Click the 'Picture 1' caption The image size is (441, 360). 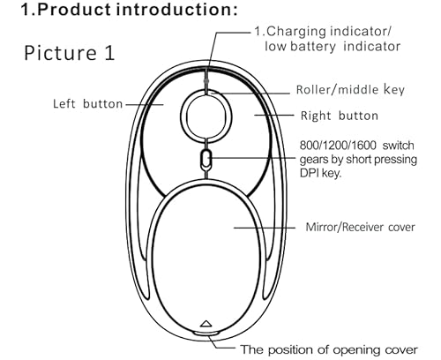coord(69,53)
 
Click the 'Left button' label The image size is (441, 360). coord(87,104)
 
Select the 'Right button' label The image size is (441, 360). coord(340,116)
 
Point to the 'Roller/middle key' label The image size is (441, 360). coord(350,90)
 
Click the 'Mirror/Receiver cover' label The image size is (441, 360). coord(360,227)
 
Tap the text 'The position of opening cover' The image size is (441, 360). coord(329,349)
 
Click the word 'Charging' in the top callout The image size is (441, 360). coord(296,32)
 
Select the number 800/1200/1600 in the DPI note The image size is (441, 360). coord(338,146)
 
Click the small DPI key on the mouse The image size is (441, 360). coord(206,159)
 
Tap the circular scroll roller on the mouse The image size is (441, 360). coord(206,116)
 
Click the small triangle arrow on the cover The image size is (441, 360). coord(206,324)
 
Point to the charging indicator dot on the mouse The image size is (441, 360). coord(206,80)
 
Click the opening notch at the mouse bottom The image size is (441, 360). coord(206,334)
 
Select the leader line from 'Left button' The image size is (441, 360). coord(145,104)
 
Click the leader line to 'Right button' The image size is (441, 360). coord(274,116)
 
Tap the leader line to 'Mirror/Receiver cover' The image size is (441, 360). coord(265,228)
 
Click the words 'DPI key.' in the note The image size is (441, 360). coord(320,173)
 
